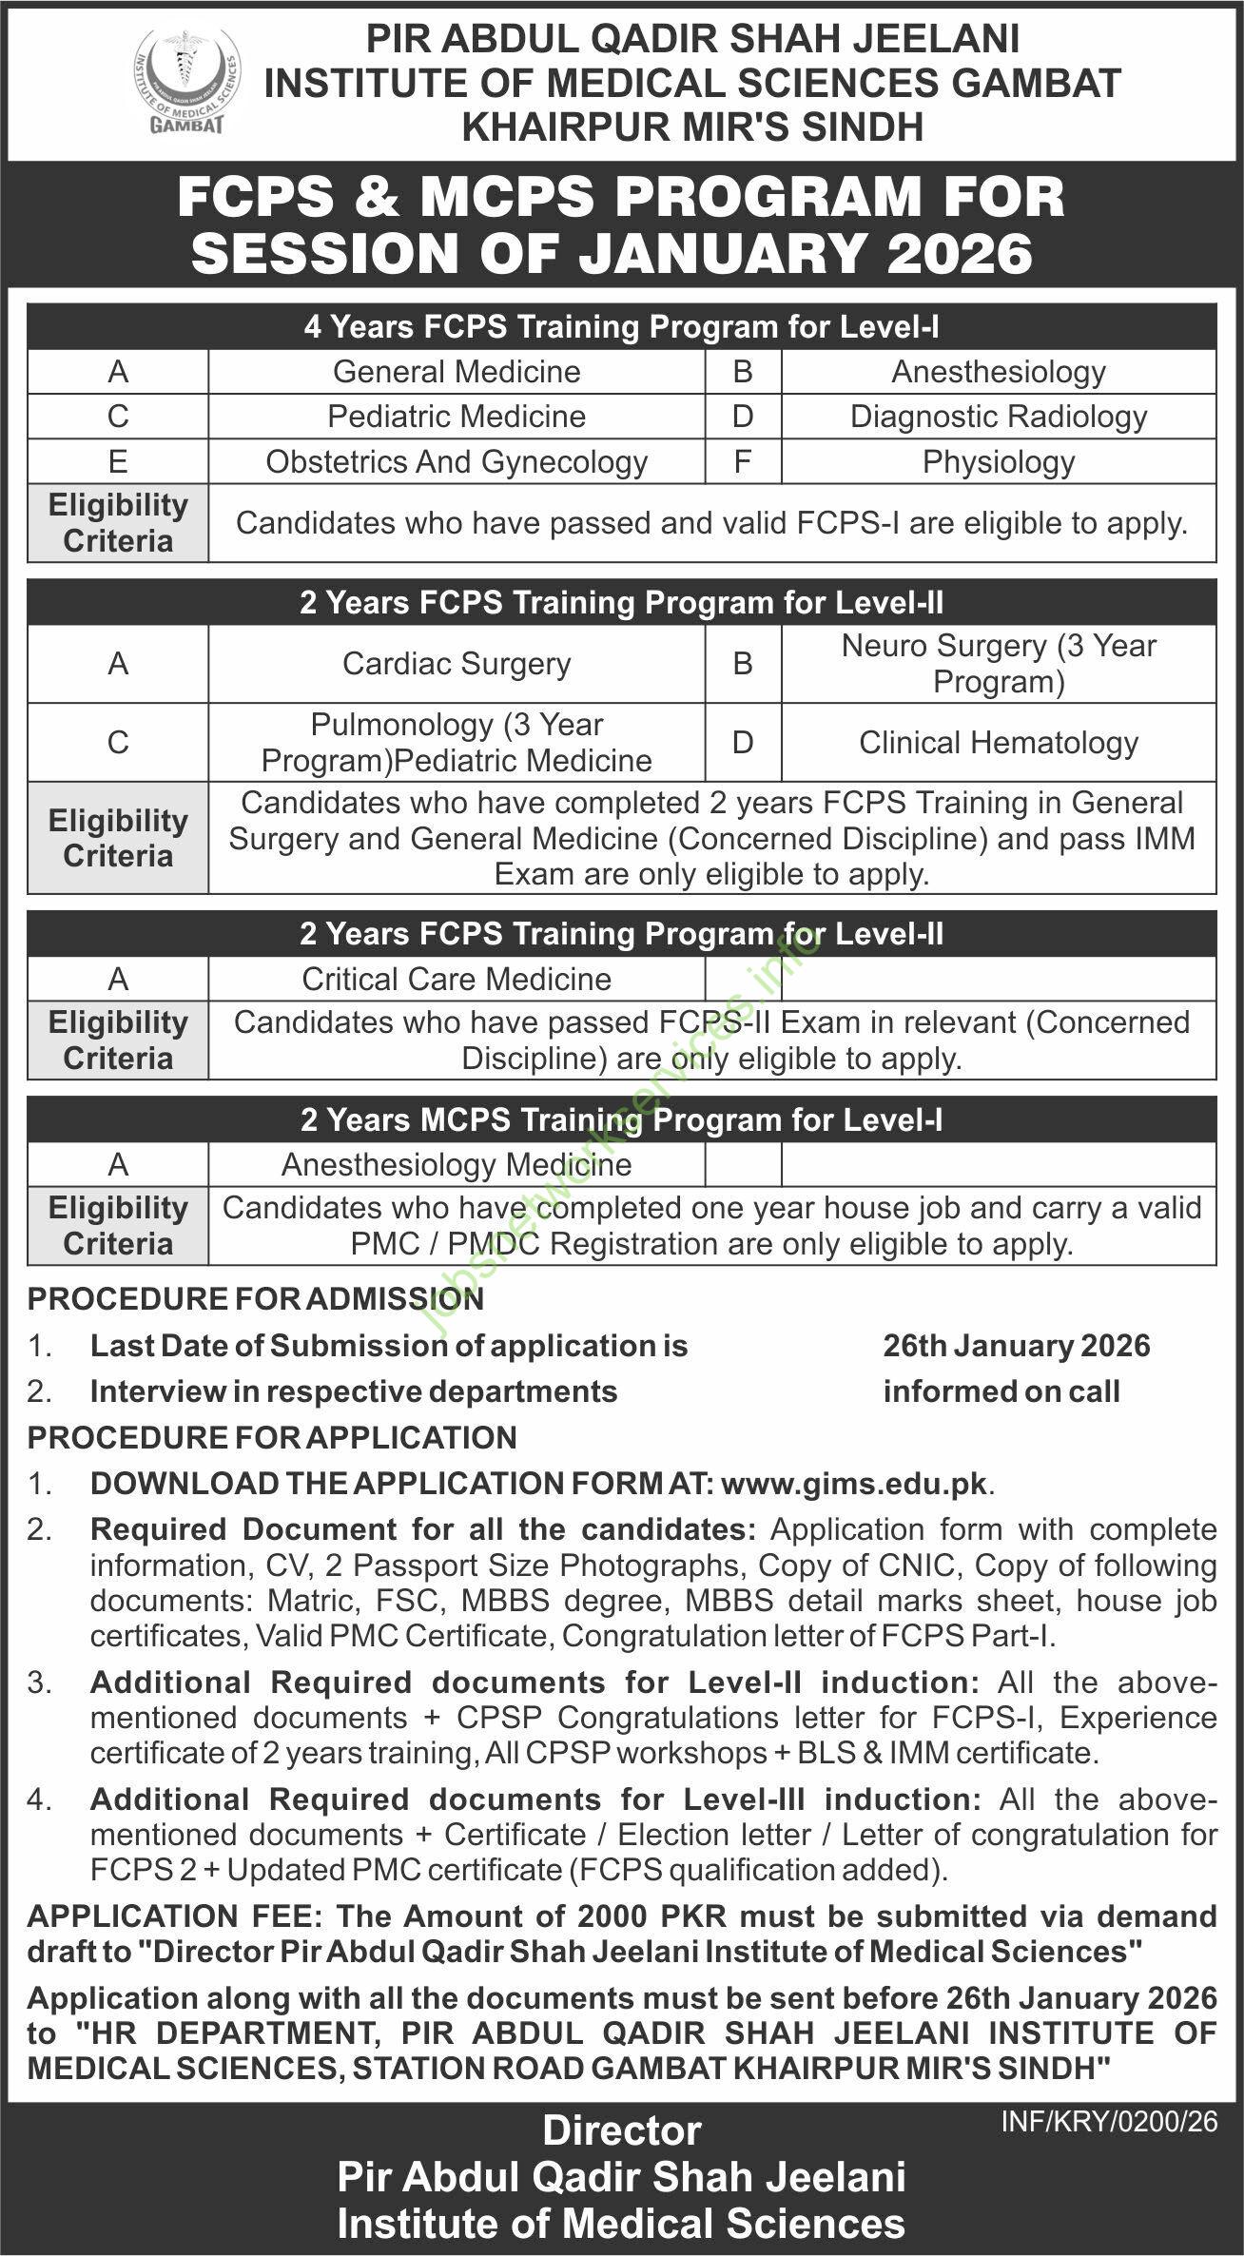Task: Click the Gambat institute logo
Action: pyautogui.click(x=186, y=82)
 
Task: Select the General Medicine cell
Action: pyautogui.click(x=457, y=371)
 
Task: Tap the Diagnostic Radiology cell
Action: pyautogui.click(x=998, y=417)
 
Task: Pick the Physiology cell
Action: pyautogui.click(x=998, y=462)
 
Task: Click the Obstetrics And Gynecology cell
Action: pyautogui.click(x=457, y=462)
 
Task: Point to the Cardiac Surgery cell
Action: pyautogui.click(x=457, y=664)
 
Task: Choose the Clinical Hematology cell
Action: pyautogui.click(x=998, y=743)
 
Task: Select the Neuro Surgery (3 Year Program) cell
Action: pyautogui.click(x=998, y=664)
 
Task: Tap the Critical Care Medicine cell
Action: pyautogui.click(x=457, y=979)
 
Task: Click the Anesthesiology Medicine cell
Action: pyautogui.click(x=457, y=1165)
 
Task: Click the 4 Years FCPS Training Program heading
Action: pyautogui.click(x=621, y=327)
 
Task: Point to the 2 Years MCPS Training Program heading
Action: pyautogui.click(x=621, y=1120)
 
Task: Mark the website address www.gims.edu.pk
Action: pyautogui.click(x=854, y=1484)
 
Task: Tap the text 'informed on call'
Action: pyautogui.click(x=1001, y=1391)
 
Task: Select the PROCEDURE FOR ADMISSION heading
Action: pyautogui.click(x=255, y=1299)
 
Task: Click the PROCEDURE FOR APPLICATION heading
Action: pyautogui.click(x=272, y=1437)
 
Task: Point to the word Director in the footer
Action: pyautogui.click(x=622, y=2131)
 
